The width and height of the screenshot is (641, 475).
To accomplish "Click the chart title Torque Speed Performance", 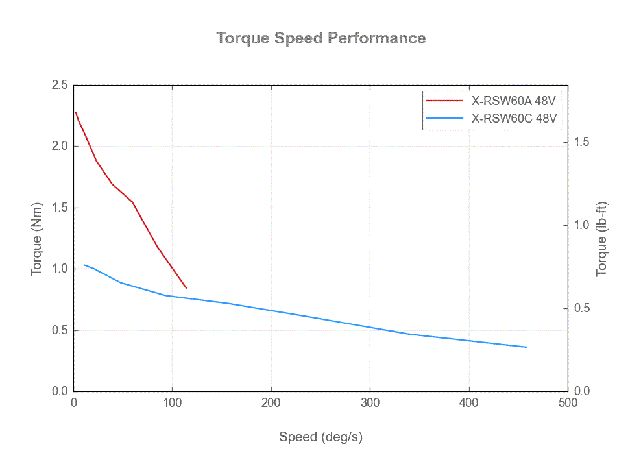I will point(320,38).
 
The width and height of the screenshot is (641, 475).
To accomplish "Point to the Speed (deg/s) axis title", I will point(320,437).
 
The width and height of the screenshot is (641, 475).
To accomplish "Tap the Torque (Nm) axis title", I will point(37,237).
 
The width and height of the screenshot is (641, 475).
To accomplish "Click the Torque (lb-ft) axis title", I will point(601,237).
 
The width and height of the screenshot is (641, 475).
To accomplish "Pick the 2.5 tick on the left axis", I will point(60,85).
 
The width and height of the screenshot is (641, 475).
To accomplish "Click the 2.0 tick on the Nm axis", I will point(60,146).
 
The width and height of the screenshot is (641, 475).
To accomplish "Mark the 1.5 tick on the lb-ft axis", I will point(581,142).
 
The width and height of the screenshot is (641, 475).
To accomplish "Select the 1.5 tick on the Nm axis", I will point(60,208).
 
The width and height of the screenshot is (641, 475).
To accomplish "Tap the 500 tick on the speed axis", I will point(568,403).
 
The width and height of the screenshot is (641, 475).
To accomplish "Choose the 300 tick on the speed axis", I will point(370,403).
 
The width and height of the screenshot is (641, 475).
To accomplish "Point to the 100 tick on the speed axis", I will point(172,403).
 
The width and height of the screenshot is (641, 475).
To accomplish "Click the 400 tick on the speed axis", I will point(468,403).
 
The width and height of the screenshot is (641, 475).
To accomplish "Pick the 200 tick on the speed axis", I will point(271,403).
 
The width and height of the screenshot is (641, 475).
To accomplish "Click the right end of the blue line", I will point(526,347).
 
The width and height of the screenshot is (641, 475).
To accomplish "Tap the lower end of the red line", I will point(186,288).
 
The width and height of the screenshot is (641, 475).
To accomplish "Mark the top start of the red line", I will point(76,112).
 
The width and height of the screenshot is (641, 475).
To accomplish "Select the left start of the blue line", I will point(84,265).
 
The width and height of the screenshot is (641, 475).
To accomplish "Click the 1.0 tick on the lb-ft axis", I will point(581,225).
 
